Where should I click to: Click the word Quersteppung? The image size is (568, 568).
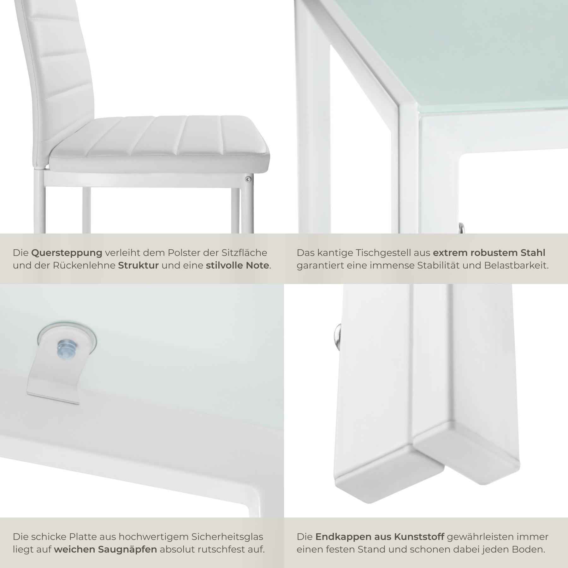(x=67, y=253)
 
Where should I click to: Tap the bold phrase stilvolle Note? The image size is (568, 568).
(x=238, y=265)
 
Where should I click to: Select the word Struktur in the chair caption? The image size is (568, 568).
(x=138, y=265)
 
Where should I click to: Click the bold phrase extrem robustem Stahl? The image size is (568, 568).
(x=489, y=253)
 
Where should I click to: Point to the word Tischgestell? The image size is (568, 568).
(x=374, y=253)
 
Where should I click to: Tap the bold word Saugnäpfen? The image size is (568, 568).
(x=127, y=550)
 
